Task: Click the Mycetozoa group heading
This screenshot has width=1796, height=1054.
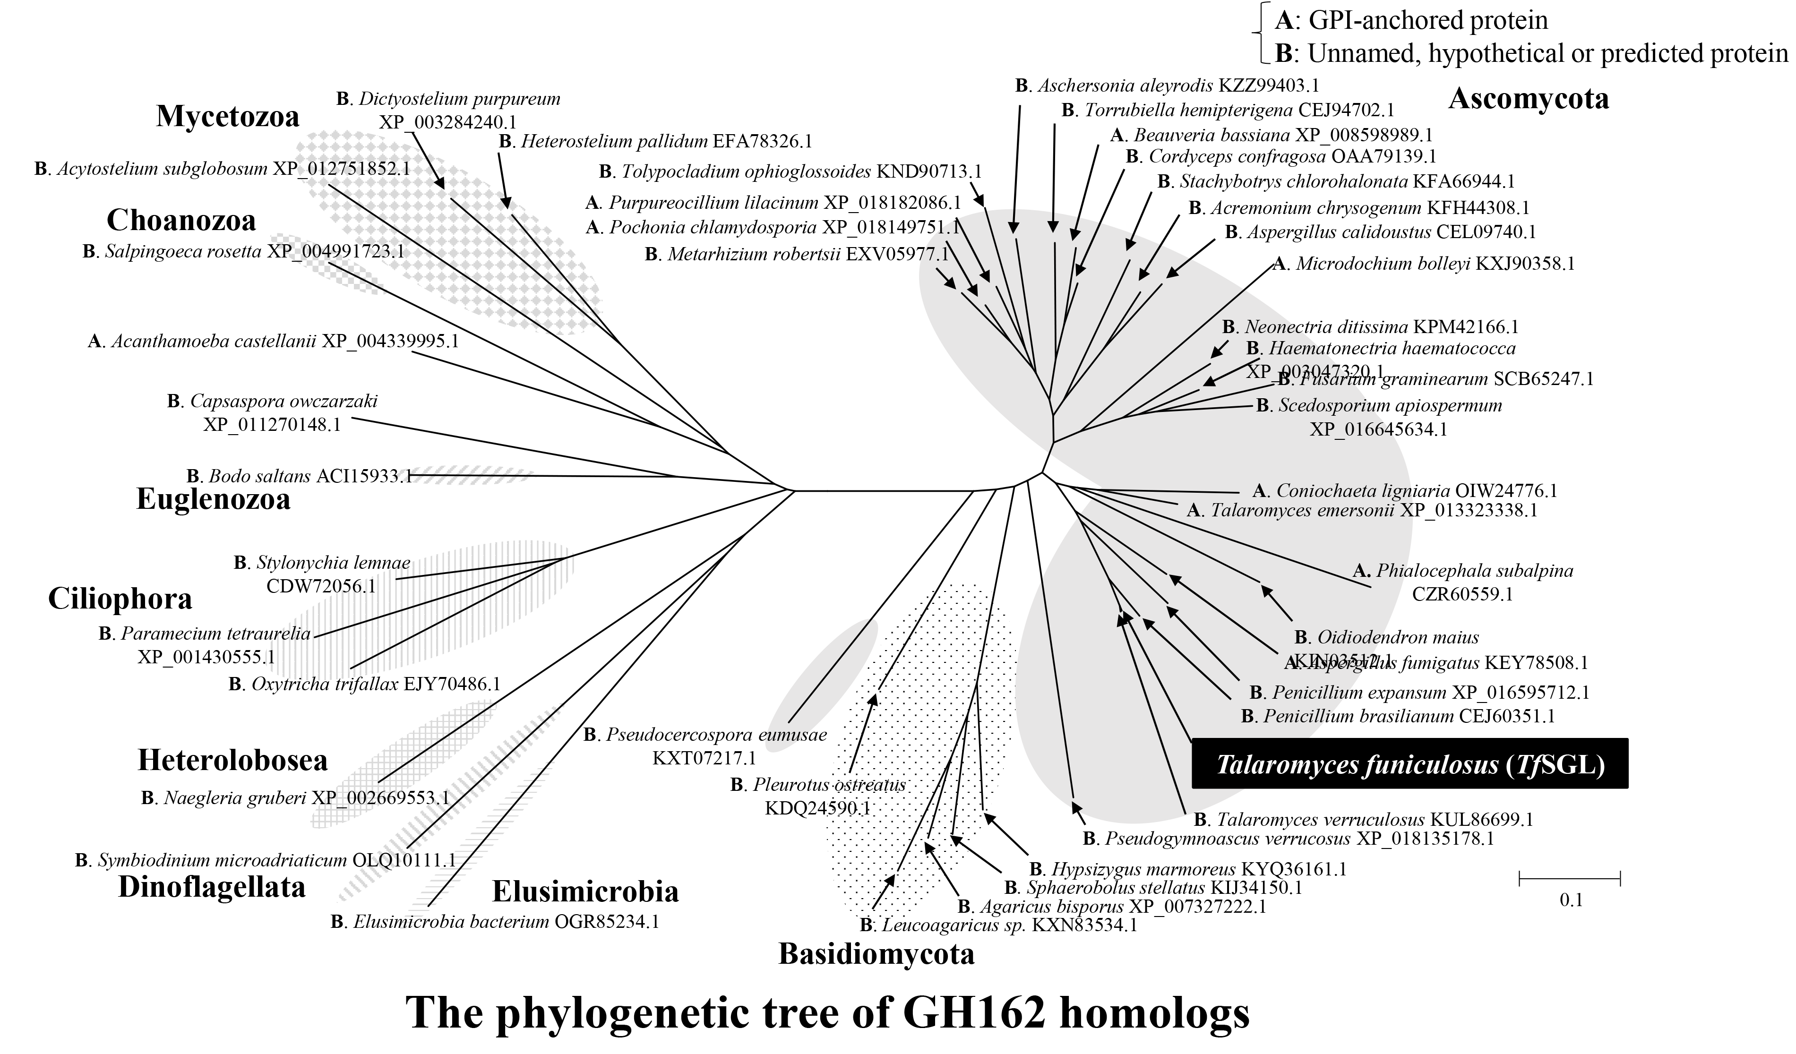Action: [227, 117]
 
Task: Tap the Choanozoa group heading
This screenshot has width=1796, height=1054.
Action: [181, 221]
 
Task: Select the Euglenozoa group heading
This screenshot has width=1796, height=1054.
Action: [213, 499]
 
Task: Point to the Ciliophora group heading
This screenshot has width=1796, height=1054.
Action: [120, 600]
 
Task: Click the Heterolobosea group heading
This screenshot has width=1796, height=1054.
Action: [232, 761]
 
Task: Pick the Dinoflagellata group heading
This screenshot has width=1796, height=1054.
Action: [212, 887]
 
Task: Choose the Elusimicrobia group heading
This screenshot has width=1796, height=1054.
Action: [585, 891]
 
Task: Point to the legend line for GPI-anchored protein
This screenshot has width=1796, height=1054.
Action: [1411, 21]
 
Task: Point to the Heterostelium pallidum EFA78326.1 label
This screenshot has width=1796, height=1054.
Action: [656, 141]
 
